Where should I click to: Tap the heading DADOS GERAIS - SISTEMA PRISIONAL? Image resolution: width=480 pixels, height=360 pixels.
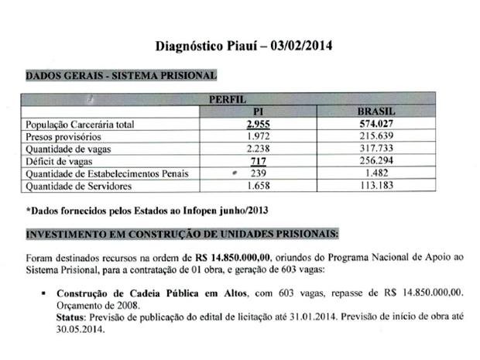[121, 76]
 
